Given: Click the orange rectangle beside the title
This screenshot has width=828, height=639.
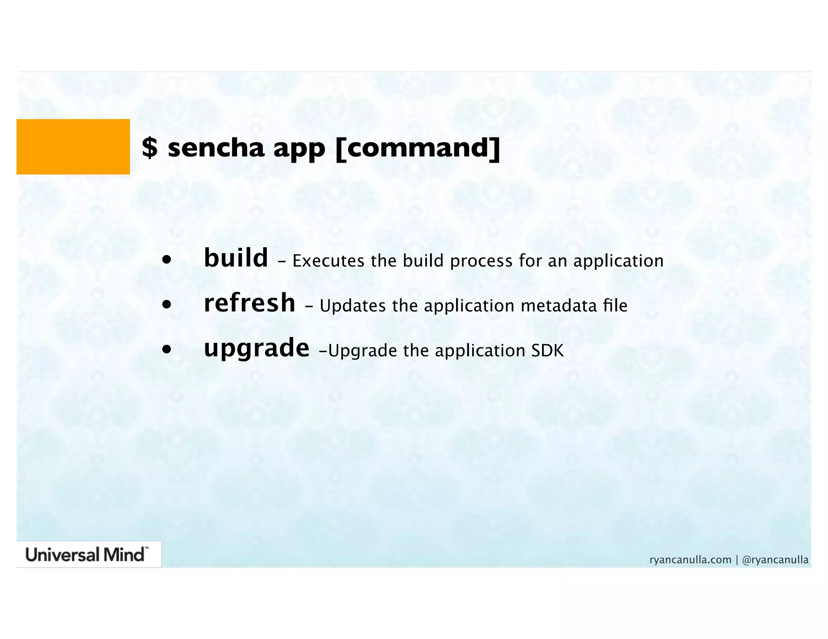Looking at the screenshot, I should click(x=73, y=147).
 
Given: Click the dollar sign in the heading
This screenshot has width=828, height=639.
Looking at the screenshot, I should click(x=150, y=148).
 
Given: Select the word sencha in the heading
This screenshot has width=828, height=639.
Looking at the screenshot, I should click(x=216, y=148).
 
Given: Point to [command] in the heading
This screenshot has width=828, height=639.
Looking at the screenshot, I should click(x=418, y=148).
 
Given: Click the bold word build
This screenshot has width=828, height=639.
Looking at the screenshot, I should click(x=236, y=258).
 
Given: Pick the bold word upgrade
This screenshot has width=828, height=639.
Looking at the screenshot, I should click(x=256, y=349).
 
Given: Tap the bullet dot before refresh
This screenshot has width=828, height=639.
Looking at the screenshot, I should click(x=167, y=305).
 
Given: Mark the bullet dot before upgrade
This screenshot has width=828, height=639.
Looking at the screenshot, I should click(x=167, y=350).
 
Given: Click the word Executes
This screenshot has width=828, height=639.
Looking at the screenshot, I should click(x=328, y=261).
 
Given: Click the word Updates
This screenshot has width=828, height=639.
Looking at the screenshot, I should click(x=353, y=306).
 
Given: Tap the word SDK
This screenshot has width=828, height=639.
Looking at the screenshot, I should click(x=547, y=351).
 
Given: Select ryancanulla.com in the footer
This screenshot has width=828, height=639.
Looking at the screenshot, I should click(x=691, y=560).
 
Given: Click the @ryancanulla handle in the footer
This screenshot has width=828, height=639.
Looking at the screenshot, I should click(x=775, y=560).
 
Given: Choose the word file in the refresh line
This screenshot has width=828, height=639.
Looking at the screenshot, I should click(x=615, y=305).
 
